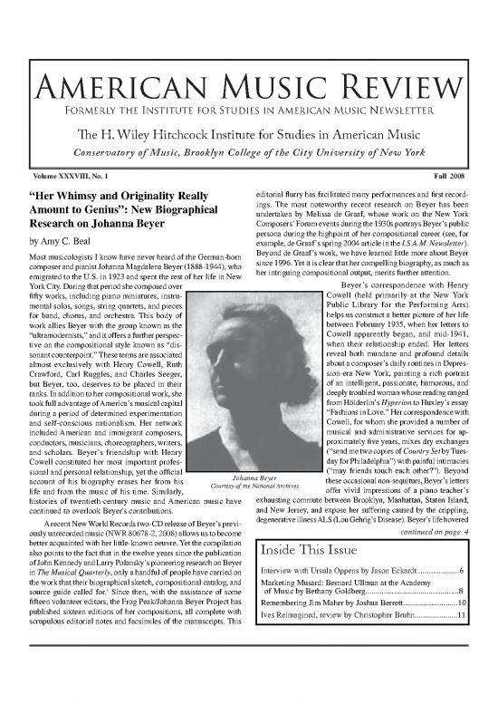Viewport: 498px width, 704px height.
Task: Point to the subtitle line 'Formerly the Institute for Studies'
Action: [249, 112]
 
